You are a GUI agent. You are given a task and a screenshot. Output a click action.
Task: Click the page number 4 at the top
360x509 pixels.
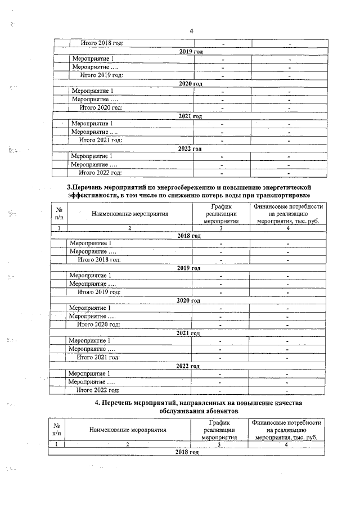point(191,31)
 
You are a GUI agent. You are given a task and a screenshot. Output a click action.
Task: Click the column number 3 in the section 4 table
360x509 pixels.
point(219,444)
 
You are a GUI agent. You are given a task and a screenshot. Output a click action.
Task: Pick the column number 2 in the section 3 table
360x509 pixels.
point(129,228)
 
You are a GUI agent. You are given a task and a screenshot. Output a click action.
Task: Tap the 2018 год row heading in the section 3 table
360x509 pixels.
point(188,236)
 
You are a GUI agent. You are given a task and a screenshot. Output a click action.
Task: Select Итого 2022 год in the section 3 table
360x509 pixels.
point(98,390)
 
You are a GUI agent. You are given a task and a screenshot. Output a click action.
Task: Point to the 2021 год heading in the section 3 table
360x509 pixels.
point(188,333)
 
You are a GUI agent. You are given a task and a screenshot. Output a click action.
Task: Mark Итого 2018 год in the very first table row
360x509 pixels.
point(102,43)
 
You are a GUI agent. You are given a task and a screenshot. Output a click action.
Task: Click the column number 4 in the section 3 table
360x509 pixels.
point(287,228)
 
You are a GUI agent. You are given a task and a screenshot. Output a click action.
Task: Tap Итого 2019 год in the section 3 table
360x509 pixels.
point(100,292)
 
